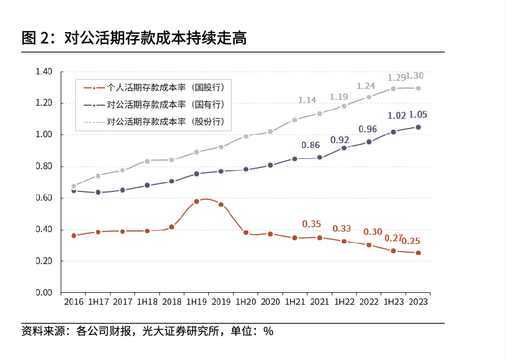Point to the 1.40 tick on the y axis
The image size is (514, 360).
pyautogui.click(x=43, y=72)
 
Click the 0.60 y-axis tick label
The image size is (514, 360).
pyautogui.click(x=43, y=198)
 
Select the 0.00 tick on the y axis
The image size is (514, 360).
pyautogui.click(x=43, y=293)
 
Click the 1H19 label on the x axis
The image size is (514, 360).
pyautogui.click(x=196, y=301)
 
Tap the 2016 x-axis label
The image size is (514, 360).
pyautogui.click(x=73, y=301)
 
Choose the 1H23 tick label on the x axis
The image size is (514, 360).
pyautogui.click(x=393, y=301)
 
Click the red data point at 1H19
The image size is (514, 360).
pyautogui.click(x=197, y=202)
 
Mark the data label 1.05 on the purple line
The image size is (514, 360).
pyautogui.click(x=417, y=114)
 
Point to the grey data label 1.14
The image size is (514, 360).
pyautogui.click(x=307, y=100)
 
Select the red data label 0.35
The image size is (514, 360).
pyautogui.click(x=312, y=224)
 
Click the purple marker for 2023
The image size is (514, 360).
pyautogui.click(x=418, y=127)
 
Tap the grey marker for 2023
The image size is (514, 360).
pyautogui.click(x=418, y=88)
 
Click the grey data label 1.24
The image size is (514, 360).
pyautogui.click(x=366, y=86)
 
